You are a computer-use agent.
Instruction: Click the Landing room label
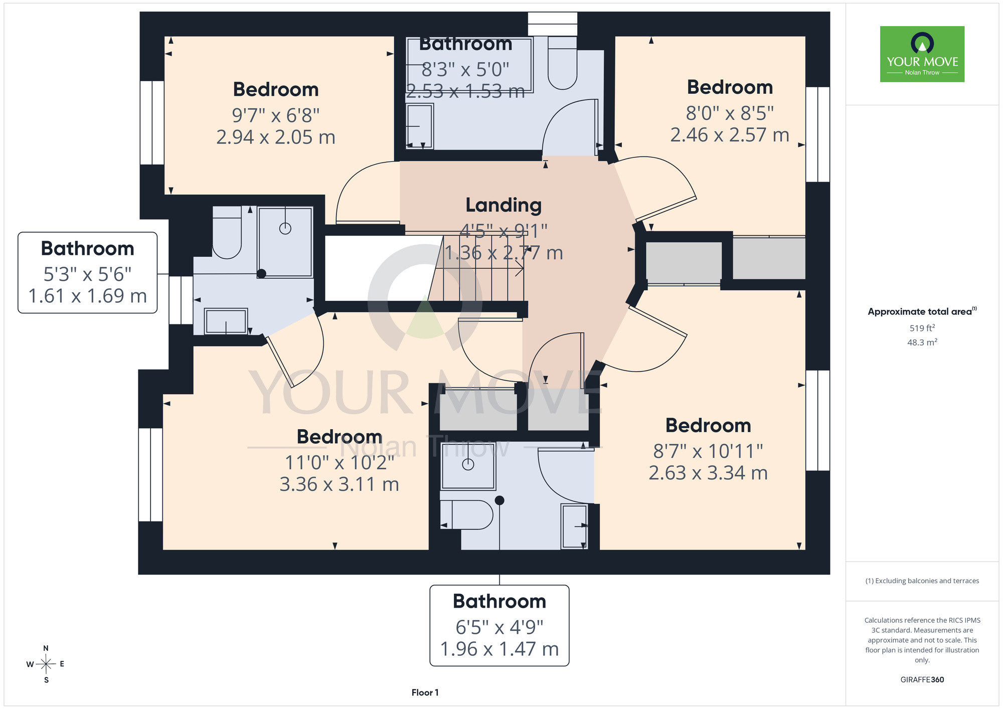[504, 205]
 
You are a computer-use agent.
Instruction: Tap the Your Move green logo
[922, 54]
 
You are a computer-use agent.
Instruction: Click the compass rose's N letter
[46, 648]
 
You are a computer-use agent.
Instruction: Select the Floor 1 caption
[425, 692]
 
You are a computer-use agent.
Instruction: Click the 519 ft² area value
[922, 328]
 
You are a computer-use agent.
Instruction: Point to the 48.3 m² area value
[922, 342]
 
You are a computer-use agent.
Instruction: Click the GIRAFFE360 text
[922, 680]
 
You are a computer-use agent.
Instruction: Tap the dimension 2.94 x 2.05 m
[276, 137]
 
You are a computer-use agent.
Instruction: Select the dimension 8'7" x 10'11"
[708, 451]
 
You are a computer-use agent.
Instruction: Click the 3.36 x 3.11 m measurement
[339, 484]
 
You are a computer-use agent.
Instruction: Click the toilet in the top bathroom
[563, 63]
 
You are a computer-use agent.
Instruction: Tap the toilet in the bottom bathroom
[467, 514]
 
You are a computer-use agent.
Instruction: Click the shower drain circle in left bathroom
[285, 229]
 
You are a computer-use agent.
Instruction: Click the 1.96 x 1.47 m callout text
[499, 649]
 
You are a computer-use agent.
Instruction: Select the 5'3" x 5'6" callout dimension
[88, 274]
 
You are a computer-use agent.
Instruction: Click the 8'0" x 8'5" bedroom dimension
[730, 113]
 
